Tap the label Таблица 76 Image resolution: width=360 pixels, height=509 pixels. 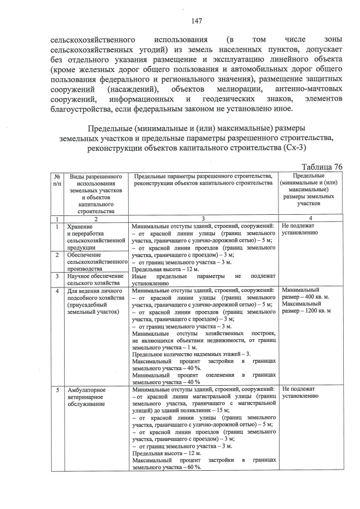click(322, 167)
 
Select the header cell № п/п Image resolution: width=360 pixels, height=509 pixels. click(57, 180)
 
